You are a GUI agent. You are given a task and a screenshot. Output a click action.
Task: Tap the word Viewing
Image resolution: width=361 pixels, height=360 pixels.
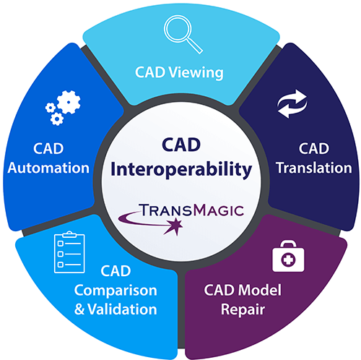click(196, 72)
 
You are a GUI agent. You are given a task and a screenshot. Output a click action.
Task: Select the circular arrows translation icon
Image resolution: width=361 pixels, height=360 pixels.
click(292, 104)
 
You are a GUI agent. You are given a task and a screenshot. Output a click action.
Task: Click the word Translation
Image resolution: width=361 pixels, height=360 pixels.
click(314, 168)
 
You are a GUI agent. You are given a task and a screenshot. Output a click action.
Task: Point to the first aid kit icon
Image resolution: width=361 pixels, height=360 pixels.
click(288, 256)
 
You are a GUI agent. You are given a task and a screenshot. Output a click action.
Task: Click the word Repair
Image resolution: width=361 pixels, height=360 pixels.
click(243, 309)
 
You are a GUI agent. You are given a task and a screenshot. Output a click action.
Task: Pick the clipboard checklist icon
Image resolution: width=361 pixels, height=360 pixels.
click(69, 252)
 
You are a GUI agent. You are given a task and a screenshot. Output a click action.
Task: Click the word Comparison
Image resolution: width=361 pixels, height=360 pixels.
click(116, 291)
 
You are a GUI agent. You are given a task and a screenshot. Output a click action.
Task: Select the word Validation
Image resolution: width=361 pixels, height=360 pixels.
click(122, 309)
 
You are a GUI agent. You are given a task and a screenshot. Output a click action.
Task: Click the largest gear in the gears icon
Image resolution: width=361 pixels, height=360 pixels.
click(69, 102)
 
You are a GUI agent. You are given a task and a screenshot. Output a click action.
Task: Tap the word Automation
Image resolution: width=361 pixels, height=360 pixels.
click(48, 168)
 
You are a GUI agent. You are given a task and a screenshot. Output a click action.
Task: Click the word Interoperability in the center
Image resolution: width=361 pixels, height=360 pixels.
click(181, 170)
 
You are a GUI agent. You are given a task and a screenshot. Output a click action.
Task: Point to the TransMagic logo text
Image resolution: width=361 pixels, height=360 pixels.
click(191, 210)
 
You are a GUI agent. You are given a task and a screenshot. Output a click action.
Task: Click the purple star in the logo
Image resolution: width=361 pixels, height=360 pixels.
click(175, 226)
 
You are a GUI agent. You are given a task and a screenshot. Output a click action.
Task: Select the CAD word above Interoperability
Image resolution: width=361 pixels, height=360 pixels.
click(181, 145)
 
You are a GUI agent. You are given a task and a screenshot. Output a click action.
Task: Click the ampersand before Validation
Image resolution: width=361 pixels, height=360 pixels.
click(79, 309)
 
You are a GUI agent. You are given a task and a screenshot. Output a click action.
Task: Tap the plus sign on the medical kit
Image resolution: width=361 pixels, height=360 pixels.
click(288, 260)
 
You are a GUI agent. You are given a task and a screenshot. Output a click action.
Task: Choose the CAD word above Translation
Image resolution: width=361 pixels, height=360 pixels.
click(314, 148)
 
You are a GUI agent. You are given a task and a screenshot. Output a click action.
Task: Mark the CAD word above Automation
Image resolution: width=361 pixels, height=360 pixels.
click(48, 148)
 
